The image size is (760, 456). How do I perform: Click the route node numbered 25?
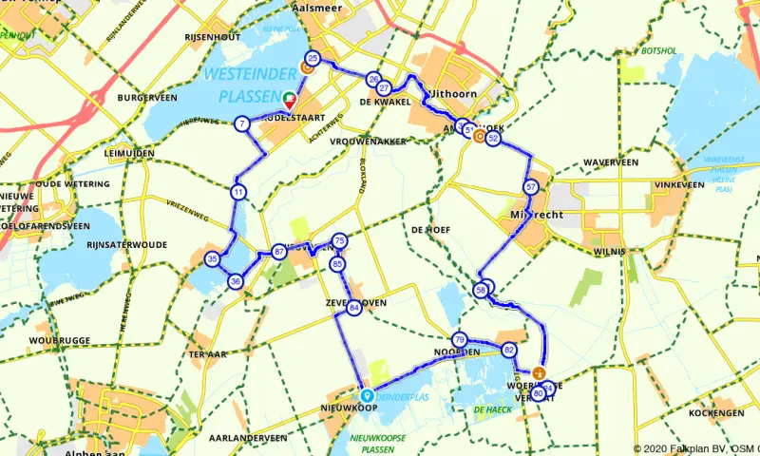click(313, 59)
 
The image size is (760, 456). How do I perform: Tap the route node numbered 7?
click(243, 123)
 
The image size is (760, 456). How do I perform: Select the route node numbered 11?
click(237, 192)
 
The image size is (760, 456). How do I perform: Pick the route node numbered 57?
click(531, 186)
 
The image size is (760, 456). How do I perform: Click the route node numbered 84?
click(354, 308)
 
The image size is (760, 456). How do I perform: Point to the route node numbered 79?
click(459, 340)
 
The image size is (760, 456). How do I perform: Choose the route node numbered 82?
click(509, 351)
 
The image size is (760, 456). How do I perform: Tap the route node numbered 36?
click(235, 281)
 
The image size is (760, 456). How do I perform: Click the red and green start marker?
click(290, 98)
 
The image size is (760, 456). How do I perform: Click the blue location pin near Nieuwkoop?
click(366, 394)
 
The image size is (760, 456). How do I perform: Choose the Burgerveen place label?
click(149, 98)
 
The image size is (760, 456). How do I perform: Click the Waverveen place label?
click(610, 162)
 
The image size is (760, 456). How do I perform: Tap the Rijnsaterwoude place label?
click(125, 244)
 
